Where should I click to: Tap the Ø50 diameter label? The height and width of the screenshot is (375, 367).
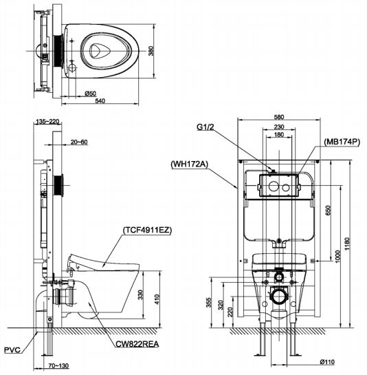point(90,93)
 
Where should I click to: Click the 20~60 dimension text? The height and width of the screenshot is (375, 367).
point(80,142)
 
